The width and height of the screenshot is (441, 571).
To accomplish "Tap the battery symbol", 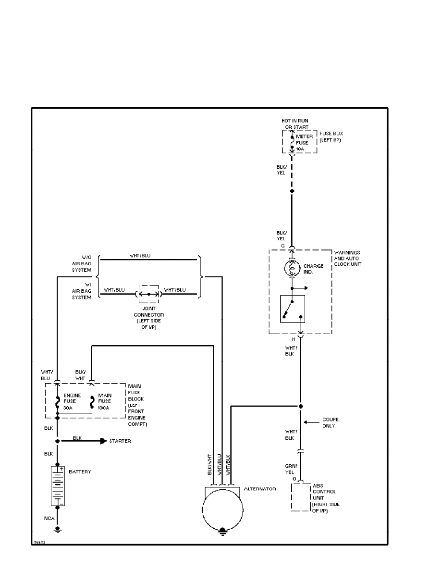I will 57,485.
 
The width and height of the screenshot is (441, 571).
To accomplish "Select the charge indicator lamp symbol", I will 292,268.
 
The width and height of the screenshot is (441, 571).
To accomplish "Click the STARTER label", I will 120,441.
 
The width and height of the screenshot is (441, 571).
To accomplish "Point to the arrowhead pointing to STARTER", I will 103,441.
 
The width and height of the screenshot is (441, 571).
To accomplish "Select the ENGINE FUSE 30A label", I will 72,401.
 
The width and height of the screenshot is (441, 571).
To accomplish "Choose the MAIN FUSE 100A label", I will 104,401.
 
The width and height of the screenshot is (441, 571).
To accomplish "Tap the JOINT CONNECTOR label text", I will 149,318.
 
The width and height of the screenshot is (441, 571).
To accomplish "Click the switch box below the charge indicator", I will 293,309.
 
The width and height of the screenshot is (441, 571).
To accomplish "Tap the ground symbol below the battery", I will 57,530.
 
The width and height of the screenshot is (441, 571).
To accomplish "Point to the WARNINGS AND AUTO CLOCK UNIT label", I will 348,258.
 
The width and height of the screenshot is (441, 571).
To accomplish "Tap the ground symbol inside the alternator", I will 222,532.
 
